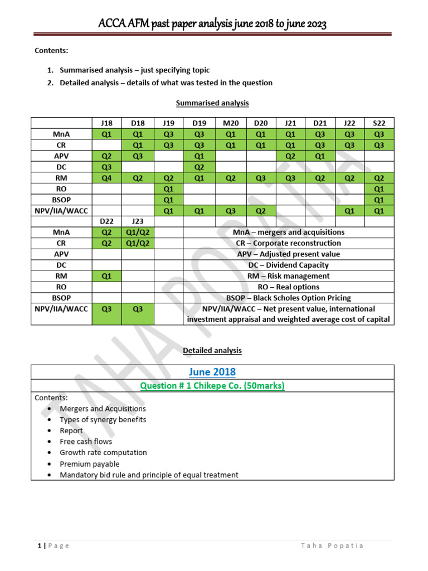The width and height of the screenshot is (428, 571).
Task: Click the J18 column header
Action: (106, 123)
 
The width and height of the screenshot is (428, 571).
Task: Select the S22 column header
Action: (379, 123)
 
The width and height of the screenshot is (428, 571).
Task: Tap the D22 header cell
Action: (106, 221)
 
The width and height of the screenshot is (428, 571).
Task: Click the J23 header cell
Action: (138, 221)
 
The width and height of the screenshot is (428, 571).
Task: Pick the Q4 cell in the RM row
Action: (106, 178)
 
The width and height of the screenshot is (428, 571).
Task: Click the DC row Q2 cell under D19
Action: (200, 167)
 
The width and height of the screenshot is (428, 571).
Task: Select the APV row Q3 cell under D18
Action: (138, 156)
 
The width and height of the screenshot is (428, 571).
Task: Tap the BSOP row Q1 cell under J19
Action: (169, 200)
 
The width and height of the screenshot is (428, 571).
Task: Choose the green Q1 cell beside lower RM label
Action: (106, 276)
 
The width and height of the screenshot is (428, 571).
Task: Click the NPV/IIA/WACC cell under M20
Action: (231, 211)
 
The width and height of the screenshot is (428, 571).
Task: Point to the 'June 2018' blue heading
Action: (212, 372)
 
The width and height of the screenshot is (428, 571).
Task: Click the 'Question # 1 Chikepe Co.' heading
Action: (212, 386)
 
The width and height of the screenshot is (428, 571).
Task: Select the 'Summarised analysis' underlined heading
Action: (212, 103)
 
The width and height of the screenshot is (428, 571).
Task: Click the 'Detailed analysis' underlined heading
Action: (212, 350)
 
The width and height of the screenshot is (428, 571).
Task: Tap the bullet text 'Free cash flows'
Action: (86, 442)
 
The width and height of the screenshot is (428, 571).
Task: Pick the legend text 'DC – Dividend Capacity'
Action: (288, 265)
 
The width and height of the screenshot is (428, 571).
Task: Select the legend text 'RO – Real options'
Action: (288, 287)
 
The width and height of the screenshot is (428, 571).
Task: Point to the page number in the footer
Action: (37, 545)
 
